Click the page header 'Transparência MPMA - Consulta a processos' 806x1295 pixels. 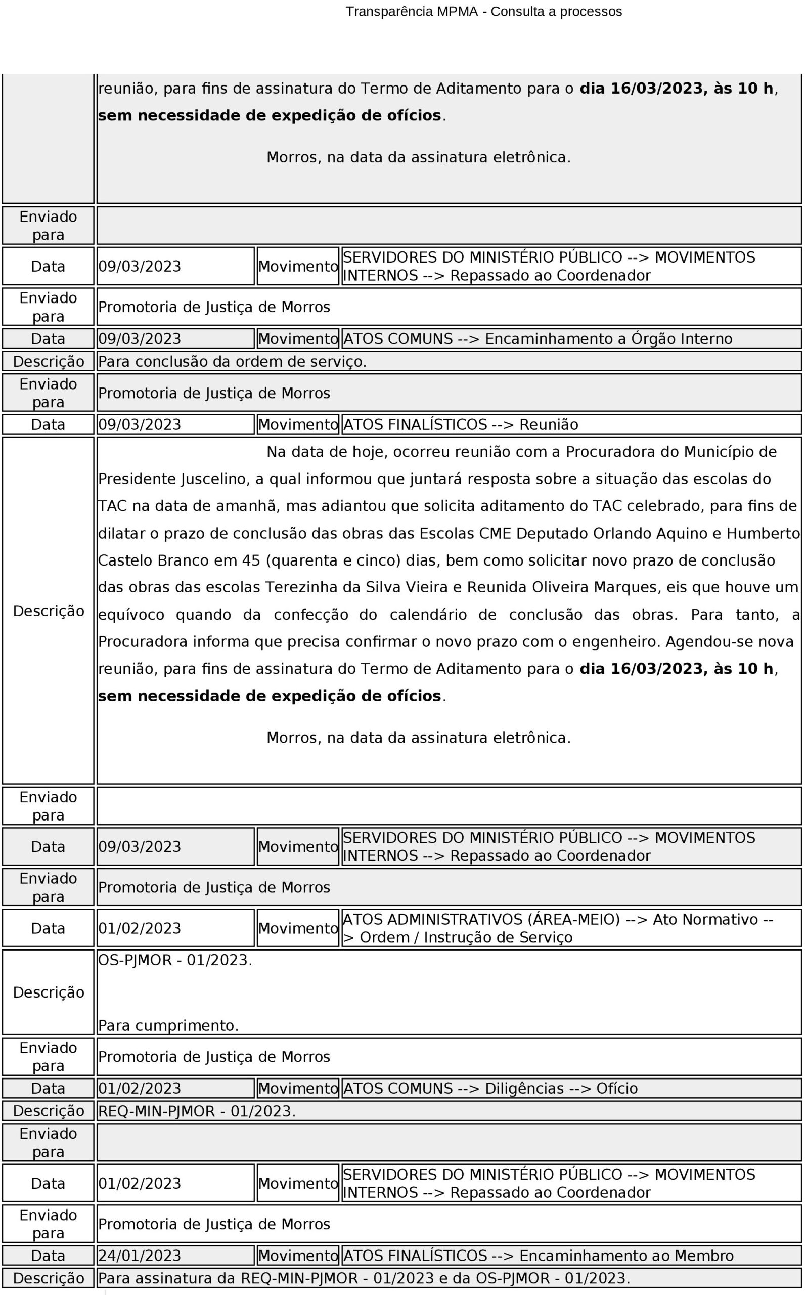(483, 12)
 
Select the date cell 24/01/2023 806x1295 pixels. (140, 1256)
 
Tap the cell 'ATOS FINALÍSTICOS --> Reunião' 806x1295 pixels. (461, 425)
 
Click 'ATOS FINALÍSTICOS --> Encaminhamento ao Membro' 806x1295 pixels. (538, 1256)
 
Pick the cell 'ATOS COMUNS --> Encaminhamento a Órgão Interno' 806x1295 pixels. (538, 339)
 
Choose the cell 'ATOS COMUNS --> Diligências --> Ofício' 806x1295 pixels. (490, 1088)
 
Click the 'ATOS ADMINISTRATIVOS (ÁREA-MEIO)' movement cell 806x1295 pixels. (558, 928)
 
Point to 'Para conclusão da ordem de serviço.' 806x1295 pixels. (233, 362)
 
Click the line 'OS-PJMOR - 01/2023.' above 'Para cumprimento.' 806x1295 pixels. (175, 960)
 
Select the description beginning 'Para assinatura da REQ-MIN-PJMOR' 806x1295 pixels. (364, 1278)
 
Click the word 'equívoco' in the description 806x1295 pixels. (131, 614)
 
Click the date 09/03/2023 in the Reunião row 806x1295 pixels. (140, 425)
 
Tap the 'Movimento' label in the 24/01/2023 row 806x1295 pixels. (298, 1256)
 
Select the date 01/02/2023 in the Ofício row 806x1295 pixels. (140, 1088)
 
